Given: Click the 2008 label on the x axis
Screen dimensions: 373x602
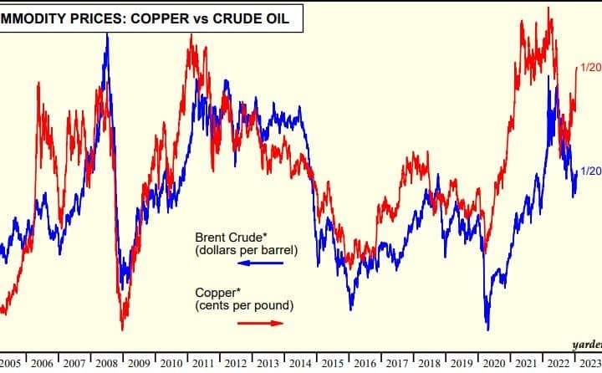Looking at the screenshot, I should (x=107, y=363).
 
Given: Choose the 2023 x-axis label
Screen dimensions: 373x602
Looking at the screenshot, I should (x=590, y=363).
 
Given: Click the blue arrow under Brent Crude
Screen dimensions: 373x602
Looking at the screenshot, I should (x=260, y=263).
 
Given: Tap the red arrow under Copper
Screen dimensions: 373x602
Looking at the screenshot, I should (x=260, y=322).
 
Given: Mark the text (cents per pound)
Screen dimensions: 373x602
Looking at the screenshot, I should (x=243, y=305).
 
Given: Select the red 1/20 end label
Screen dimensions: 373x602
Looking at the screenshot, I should (x=590, y=67).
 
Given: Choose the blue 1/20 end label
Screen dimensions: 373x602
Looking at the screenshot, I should (x=590, y=171).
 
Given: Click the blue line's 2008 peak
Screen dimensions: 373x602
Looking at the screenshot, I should (x=107, y=34).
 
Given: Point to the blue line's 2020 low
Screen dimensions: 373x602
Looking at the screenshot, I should (x=487, y=328).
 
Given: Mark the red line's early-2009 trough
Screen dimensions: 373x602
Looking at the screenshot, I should (x=122, y=329).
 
